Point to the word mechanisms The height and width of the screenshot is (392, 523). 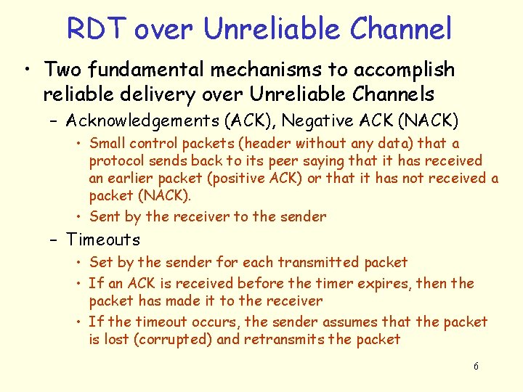click(x=251, y=70)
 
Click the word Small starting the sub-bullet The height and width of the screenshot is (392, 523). click(x=108, y=144)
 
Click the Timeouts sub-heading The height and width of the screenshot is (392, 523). click(x=103, y=240)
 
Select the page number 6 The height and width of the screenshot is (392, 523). click(x=476, y=367)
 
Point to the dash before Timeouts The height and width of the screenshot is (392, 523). click(x=55, y=240)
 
